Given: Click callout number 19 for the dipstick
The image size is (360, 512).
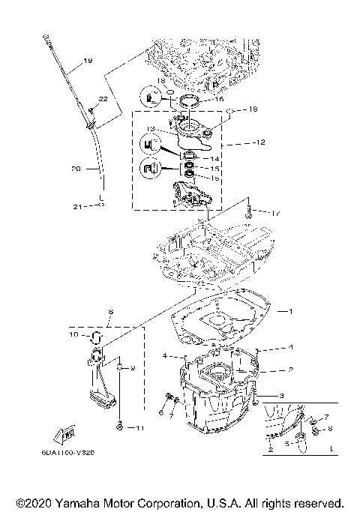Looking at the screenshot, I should coord(88,61).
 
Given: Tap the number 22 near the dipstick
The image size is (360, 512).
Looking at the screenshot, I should coord(103,99).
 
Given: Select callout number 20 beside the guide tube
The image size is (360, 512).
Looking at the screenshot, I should coord(75,170).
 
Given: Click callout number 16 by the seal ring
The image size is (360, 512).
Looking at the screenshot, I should coord(220,99).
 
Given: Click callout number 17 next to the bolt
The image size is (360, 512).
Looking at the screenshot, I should coord(275,214).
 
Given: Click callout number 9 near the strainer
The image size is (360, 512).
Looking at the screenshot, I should coord(131,368).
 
